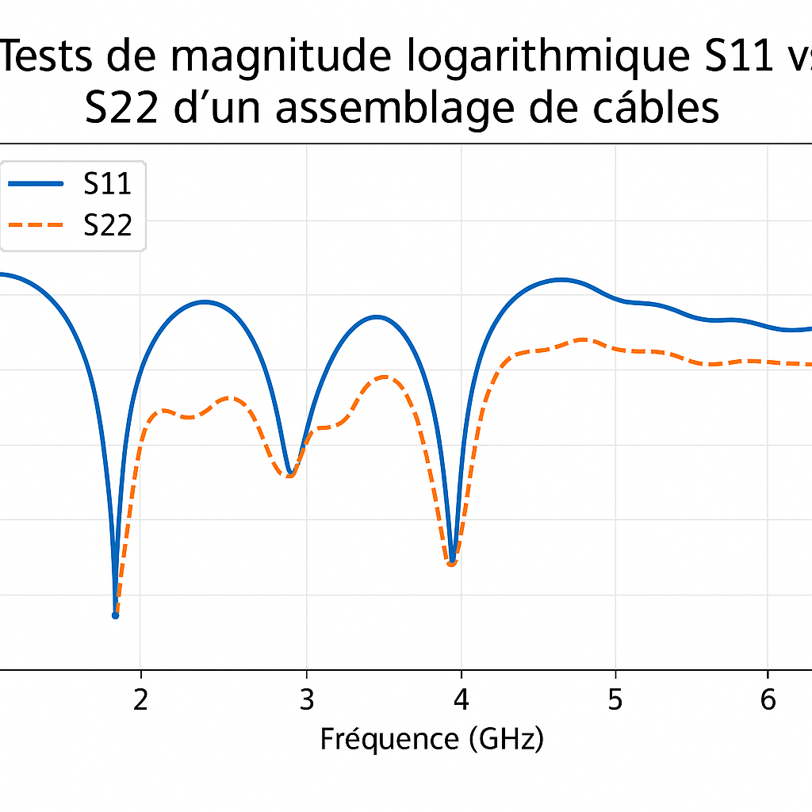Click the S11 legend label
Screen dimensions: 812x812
pyautogui.click(x=107, y=184)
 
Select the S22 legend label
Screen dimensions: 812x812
pyautogui.click(x=107, y=226)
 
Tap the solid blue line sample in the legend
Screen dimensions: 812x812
pyautogui.click(x=36, y=184)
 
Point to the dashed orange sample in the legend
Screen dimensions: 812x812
pyautogui.click(x=36, y=226)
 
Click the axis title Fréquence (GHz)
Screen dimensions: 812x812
pyautogui.click(x=431, y=739)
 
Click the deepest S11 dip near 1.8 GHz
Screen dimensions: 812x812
pyautogui.click(x=115, y=615)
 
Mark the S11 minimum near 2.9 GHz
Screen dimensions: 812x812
pyautogui.click(x=290, y=473)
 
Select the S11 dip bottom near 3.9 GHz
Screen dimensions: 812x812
pyautogui.click(x=452, y=561)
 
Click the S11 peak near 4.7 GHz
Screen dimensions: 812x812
pyautogui.click(x=561, y=279)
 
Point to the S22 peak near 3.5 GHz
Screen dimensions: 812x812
pyautogui.click(x=386, y=377)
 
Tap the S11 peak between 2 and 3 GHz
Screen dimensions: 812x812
pyautogui.click(x=205, y=301)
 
